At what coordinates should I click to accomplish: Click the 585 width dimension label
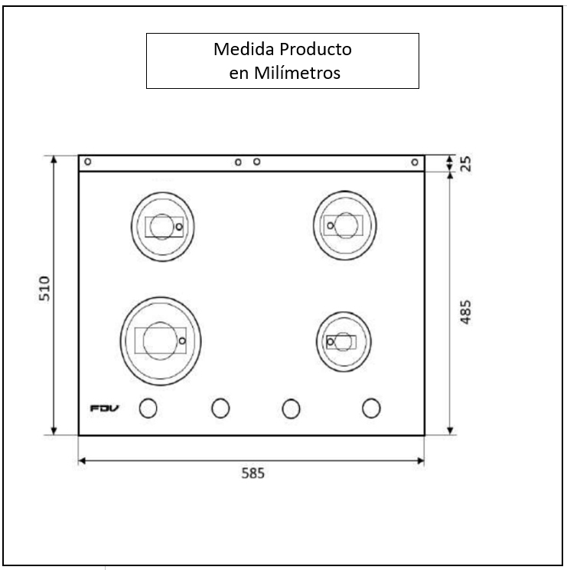(x=253, y=473)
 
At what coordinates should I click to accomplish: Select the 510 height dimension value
(x=44, y=289)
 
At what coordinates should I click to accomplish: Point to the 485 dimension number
(x=465, y=312)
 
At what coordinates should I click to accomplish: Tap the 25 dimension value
(x=465, y=164)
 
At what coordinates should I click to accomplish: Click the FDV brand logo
(x=104, y=408)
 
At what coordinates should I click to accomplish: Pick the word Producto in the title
(x=315, y=49)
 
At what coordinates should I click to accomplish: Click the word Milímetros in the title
(x=297, y=73)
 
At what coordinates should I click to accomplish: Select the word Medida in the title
(x=243, y=49)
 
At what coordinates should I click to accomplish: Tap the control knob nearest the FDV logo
(x=148, y=408)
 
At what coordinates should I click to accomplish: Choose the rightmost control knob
(x=371, y=408)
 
